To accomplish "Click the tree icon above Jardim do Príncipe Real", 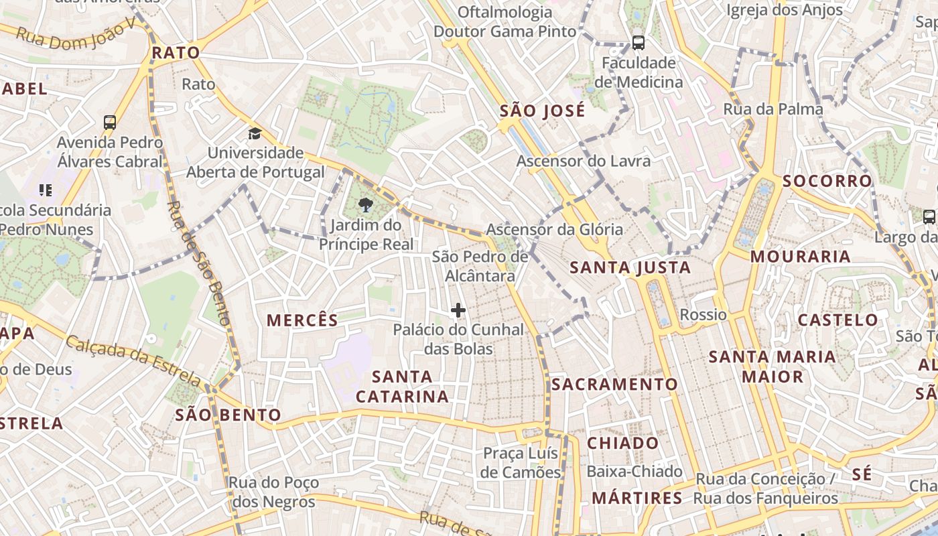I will pos(366,204).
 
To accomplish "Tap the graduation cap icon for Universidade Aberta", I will pos(255,133).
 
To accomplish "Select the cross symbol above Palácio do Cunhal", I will pos(458,310).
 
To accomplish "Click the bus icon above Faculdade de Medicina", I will pos(638,43).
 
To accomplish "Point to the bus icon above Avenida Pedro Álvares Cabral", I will pos(110,123).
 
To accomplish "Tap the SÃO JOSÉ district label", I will pos(542,111).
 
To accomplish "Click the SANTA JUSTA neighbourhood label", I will pos(630,268).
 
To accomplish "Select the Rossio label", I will pos(703,314).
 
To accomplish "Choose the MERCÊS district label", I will pos(303,320).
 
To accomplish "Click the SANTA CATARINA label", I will pos(402,387).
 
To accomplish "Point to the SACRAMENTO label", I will pos(614,385).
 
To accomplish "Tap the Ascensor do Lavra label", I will pos(583,161).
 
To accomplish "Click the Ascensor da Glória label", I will pos(554,230).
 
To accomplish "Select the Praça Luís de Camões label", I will pos(521,463).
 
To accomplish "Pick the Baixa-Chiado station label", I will pos(634,472).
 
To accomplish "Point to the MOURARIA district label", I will pos(800,257).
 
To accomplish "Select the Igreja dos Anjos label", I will pos(785,10).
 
